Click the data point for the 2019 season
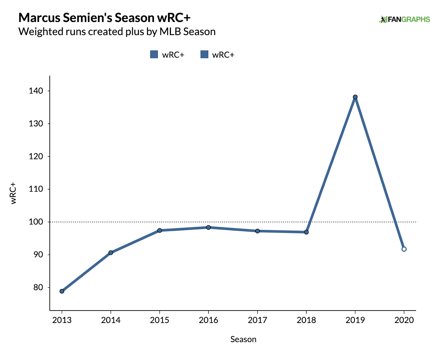coord(355,97)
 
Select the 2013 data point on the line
coord(62,291)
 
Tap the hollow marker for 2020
coord(404,249)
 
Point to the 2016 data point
coord(209,228)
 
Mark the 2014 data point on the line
coord(111,253)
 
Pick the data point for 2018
coord(306,232)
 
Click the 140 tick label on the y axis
coord(36,91)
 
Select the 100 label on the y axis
coord(36,222)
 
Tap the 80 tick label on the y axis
coord(38,287)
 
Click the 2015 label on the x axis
coord(160,320)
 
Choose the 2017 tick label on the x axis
coord(257,320)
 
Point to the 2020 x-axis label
coord(404,320)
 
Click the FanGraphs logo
coord(405,19)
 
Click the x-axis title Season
coord(243,339)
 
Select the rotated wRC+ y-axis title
coord(13,193)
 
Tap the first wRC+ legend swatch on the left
coord(154,55)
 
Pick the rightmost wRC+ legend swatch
coord(204,55)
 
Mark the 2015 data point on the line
coord(160,230)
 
